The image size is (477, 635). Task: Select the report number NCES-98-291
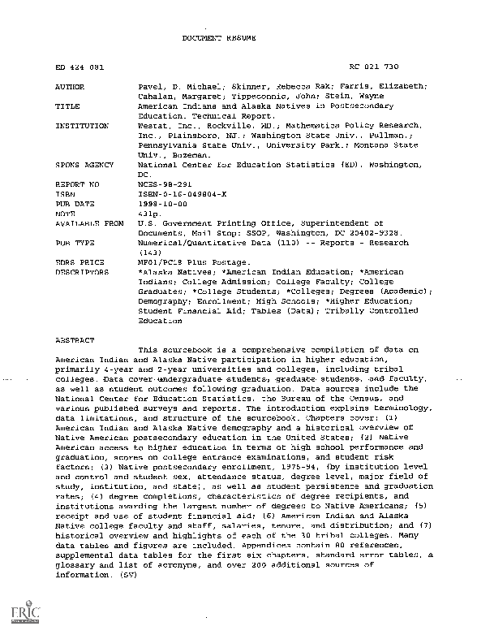click(x=165, y=184)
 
